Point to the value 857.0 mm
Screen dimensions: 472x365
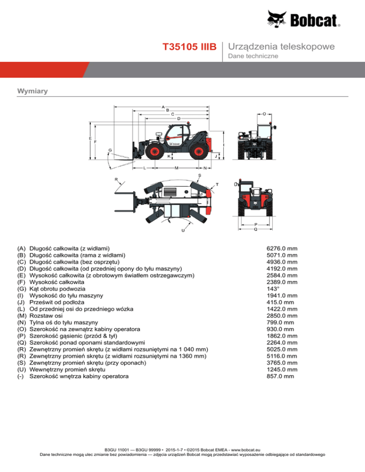(280, 376)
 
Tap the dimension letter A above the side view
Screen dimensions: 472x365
(163, 106)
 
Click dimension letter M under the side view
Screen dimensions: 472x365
(176, 168)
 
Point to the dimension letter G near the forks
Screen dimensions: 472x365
(110, 151)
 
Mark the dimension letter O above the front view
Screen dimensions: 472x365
(264, 114)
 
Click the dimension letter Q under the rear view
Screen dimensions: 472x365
(256, 229)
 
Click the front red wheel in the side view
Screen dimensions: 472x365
(153, 151)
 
